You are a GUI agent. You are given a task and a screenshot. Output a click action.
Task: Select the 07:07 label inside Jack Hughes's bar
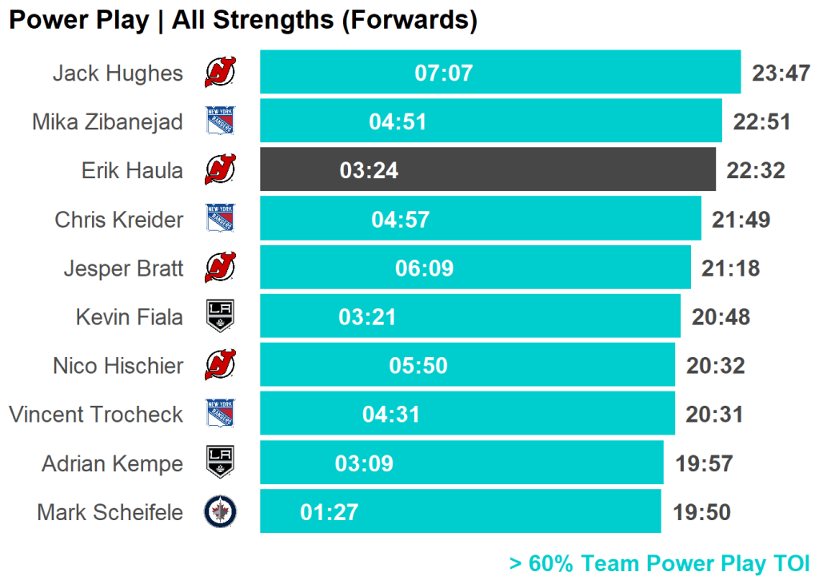click(443, 73)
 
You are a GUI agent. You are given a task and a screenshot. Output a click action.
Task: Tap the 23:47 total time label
click(781, 73)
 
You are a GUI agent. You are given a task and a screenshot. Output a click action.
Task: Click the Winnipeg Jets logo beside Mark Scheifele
click(220, 512)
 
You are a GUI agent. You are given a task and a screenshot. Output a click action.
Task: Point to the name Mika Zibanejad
click(107, 121)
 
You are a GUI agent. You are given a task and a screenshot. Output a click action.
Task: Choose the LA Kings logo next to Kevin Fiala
click(220, 316)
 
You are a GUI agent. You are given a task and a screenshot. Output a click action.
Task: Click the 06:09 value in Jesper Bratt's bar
click(424, 268)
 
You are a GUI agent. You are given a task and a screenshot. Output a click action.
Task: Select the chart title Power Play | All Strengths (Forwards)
click(243, 20)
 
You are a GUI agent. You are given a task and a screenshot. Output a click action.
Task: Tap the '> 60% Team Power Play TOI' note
click(659, 563)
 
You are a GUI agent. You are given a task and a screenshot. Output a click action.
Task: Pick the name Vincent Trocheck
click(96, 415)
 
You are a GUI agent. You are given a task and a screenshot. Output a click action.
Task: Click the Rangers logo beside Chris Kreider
click(220, 219)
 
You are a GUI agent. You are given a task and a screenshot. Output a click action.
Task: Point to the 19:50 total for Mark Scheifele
click(701, 512)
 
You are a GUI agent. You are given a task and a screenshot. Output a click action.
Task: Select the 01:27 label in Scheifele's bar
click(329, 512)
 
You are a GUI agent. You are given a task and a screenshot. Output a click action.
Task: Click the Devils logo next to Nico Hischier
click(220, 366)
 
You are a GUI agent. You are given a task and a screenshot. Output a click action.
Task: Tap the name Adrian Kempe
click(112, 463)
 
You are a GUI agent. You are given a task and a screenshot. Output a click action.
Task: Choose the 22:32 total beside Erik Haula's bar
click(755, 170)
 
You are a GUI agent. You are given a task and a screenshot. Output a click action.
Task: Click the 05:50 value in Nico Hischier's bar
click(417, 366)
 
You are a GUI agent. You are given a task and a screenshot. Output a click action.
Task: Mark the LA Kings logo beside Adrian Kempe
click(220, 463)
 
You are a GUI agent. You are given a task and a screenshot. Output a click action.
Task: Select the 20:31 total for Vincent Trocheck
click(714, 415)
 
